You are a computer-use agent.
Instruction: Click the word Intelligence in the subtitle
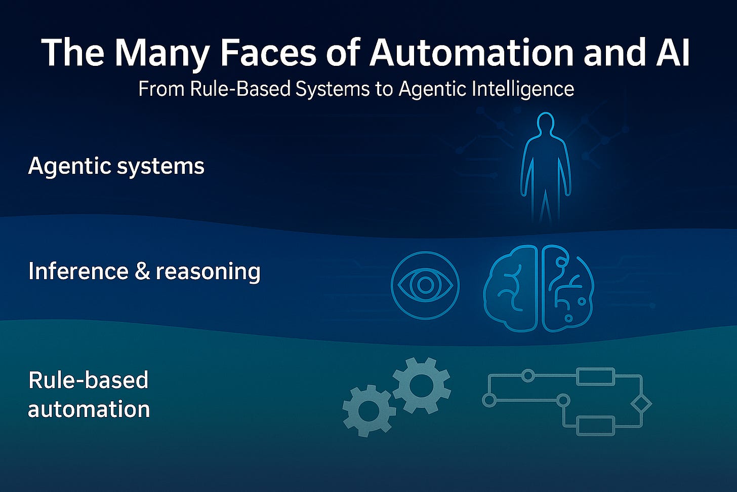[522, 89]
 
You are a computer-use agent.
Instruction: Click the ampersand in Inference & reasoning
[143, 271]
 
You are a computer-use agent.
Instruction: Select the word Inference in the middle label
[78, 271]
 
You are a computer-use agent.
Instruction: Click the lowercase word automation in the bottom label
[89, 409]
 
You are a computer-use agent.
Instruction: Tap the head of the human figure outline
[545, 124]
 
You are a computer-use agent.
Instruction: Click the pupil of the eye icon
[425, 285]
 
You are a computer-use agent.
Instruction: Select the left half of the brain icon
[510, 288]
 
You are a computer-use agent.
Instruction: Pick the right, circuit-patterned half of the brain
[566, 288]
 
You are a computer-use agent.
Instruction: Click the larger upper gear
[421, 386]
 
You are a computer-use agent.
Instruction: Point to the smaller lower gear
[368, 410]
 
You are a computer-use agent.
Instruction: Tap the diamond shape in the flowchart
[641, 404]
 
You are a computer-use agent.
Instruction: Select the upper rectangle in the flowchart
[595, 376]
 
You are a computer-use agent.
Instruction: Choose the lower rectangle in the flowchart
[595, 426]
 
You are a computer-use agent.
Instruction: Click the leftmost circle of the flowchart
[489, 400]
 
